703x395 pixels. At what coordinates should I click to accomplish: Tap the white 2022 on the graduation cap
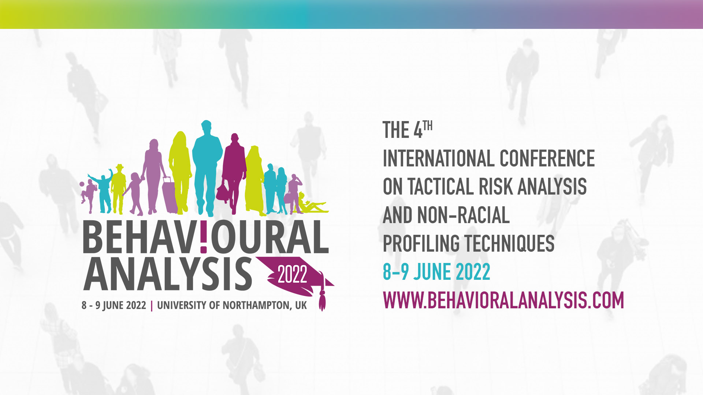292,274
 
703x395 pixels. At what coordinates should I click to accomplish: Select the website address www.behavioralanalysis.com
503,300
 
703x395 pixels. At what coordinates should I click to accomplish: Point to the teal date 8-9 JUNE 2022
436,272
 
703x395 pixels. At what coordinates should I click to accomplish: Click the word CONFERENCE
547,158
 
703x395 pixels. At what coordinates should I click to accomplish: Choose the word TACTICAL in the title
440,187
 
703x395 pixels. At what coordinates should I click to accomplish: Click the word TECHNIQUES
510,244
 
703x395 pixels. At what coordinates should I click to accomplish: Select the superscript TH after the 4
428,126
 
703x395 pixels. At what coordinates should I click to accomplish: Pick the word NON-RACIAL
463,215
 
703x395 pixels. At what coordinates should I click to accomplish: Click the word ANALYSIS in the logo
168,274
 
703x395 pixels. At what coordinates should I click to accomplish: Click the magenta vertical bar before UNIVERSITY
152,305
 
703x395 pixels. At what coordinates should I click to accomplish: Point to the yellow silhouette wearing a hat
118,189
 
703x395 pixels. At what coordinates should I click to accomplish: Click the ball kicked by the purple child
82,184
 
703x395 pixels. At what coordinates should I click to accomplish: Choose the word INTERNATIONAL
439,158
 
